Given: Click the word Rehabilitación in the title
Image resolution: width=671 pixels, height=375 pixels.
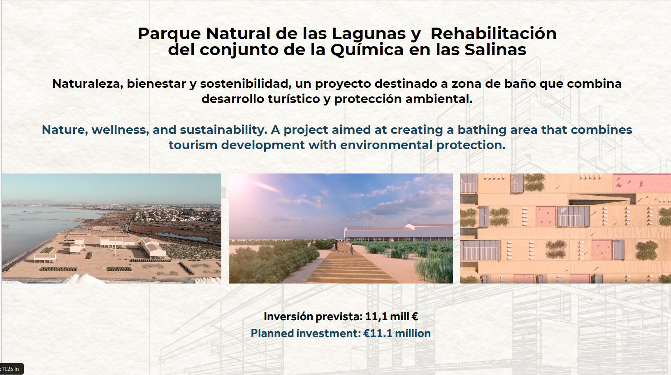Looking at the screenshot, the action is pos(493,33).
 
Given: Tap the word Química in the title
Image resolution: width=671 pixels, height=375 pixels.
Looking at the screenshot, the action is pos(367,50).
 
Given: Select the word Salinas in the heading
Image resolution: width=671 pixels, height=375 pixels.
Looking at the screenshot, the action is pos(495,49).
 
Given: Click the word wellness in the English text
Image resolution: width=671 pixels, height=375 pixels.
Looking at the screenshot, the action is pos(120,130).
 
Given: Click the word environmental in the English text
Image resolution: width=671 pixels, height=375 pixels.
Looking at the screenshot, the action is pos(386,145).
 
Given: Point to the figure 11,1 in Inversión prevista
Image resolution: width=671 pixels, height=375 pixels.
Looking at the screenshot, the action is pos(375,316).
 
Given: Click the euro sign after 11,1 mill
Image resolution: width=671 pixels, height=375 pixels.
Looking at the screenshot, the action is pos(415,316).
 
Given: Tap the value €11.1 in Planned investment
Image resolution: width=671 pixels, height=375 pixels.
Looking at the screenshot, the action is pos(378,333).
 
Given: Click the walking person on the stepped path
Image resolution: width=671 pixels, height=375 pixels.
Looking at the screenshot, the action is pos(351,250).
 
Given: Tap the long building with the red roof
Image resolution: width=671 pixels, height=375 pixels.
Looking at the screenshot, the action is pos(398,233).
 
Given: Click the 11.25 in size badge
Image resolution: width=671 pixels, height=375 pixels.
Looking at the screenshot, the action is pos(11,369).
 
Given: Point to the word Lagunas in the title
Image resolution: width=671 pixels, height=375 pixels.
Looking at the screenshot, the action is pos(369,34).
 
